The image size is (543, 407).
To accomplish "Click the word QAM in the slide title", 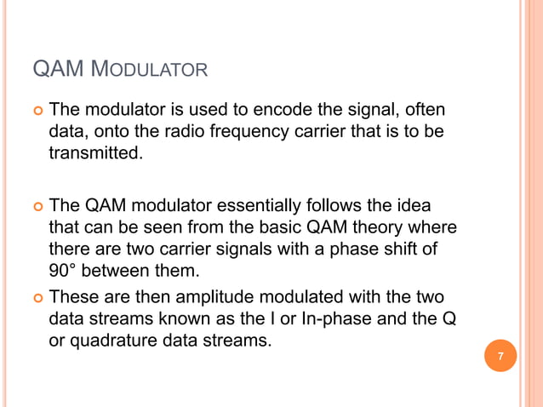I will coord(56,67).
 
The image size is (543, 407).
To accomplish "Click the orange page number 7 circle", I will coord(500,356).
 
